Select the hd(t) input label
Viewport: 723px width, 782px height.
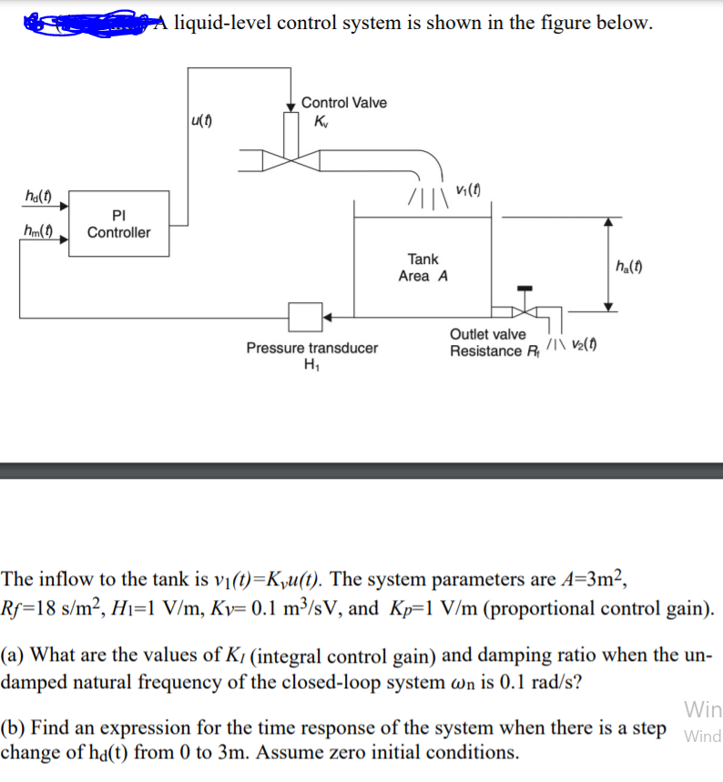36,196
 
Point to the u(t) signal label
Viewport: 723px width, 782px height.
202,119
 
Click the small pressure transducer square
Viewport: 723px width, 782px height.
305,317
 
